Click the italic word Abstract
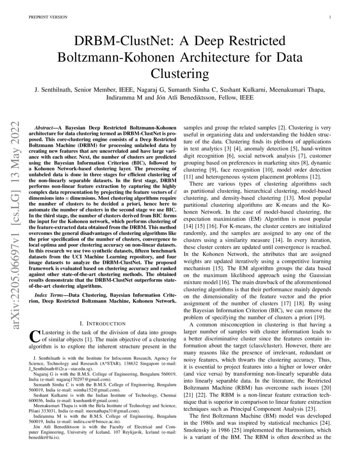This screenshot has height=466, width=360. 44,127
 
